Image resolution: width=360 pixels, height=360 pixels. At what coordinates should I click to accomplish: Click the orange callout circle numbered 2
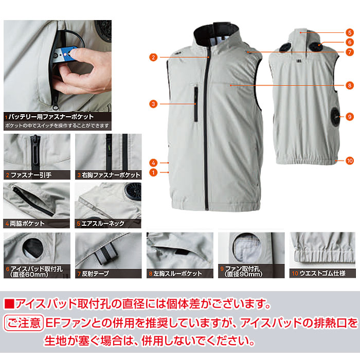153,57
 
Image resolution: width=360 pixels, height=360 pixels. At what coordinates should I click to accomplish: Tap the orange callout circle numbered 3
153,104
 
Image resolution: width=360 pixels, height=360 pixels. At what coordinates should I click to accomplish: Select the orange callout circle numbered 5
349,32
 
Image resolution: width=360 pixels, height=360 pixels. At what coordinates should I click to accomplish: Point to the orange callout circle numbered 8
349,86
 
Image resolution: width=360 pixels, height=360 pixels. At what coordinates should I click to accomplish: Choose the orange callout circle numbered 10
349,160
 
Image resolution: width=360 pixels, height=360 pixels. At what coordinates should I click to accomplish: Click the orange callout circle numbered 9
349,117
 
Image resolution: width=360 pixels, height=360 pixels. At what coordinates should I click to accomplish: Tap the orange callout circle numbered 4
153,163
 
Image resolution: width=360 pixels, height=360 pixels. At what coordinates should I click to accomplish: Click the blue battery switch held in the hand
66,55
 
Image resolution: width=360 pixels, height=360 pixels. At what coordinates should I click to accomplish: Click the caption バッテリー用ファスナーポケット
51,117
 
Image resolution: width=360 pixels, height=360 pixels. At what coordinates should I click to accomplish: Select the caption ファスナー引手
31,175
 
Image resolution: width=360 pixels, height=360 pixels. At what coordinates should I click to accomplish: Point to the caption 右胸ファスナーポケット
111,175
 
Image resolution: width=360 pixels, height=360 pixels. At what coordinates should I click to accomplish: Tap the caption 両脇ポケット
27,224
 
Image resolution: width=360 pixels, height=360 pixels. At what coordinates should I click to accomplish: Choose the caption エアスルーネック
103,224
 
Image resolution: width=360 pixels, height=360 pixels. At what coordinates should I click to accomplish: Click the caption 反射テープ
95,274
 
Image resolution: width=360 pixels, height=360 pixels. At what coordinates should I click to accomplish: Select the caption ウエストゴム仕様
322,274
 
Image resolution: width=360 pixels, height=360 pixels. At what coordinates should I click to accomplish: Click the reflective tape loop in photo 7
106,253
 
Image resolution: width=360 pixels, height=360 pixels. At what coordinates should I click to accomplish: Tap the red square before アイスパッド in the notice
9,304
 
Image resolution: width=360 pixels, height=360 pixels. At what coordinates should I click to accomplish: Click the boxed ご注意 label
24,323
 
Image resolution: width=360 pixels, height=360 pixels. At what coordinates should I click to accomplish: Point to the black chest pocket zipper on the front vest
196,104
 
